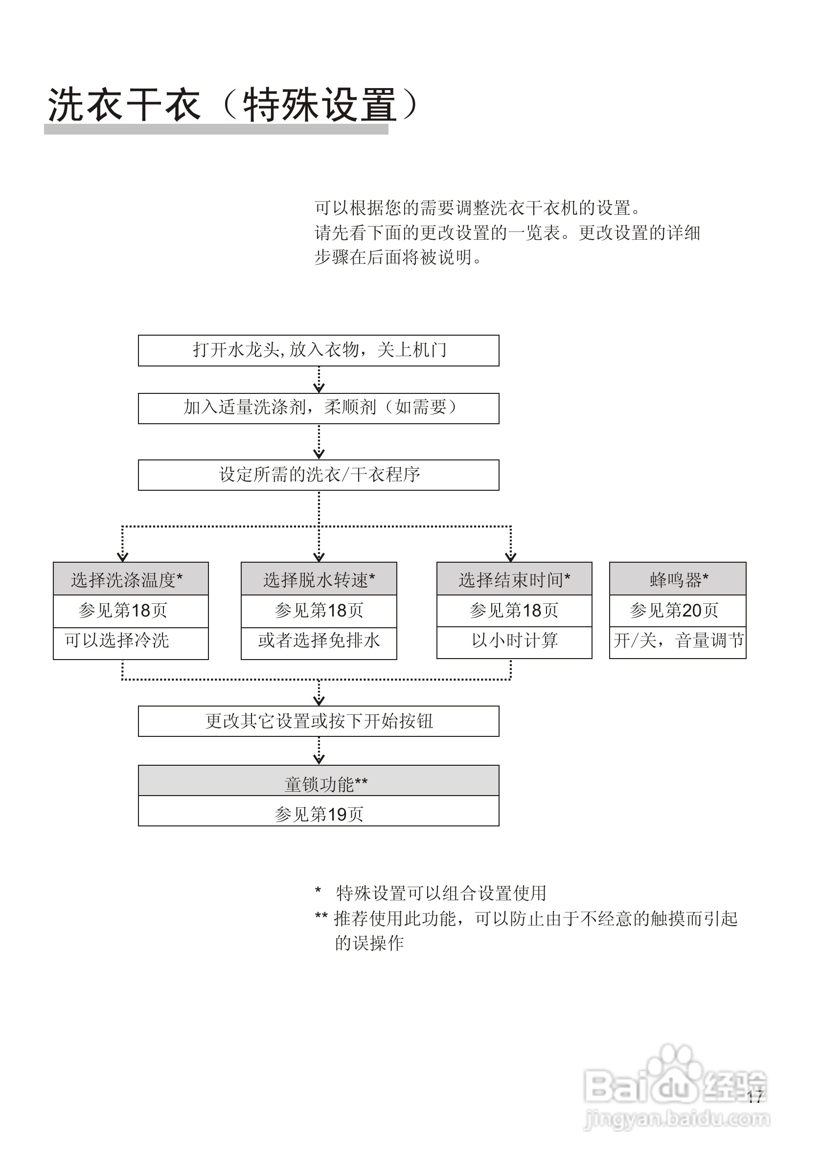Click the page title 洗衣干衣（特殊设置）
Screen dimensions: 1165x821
tap(233, 105)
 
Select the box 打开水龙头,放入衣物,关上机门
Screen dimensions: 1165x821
tap(319, 350)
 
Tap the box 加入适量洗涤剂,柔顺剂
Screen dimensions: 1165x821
tap(319, 408)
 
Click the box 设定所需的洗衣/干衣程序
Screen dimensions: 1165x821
tap(319, 475)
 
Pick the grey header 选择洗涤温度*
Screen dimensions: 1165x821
tap(131, 579)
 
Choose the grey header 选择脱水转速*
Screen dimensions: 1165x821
tap(319, 579)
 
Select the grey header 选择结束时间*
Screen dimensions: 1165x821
tap(514, 579)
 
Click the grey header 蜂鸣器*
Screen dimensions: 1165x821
tap(678, 579)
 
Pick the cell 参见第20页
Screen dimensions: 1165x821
tap(678, 611)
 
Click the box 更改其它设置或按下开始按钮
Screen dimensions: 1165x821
tap(319, 721)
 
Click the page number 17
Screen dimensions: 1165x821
tap(754, 1096)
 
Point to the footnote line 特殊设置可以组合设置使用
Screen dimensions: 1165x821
tap(440, 893)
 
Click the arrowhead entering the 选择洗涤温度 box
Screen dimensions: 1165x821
tap(122, 557)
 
